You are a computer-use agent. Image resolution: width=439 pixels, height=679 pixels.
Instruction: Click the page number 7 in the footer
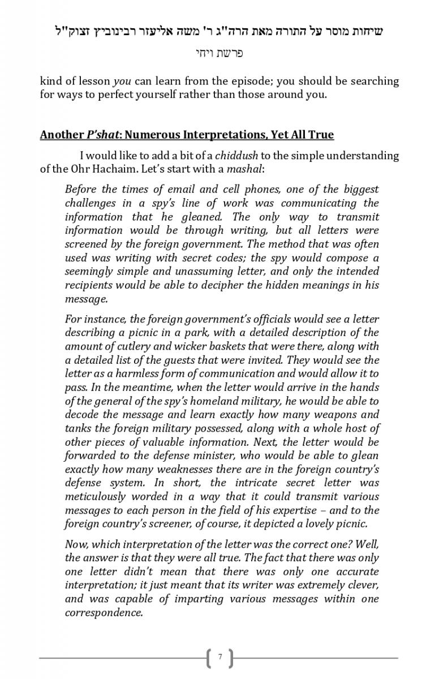(x=220, y=657)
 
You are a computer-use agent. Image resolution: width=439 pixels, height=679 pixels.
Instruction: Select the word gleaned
(x=203, y=217)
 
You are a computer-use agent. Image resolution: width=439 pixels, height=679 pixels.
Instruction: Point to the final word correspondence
(x=104, y=612)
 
